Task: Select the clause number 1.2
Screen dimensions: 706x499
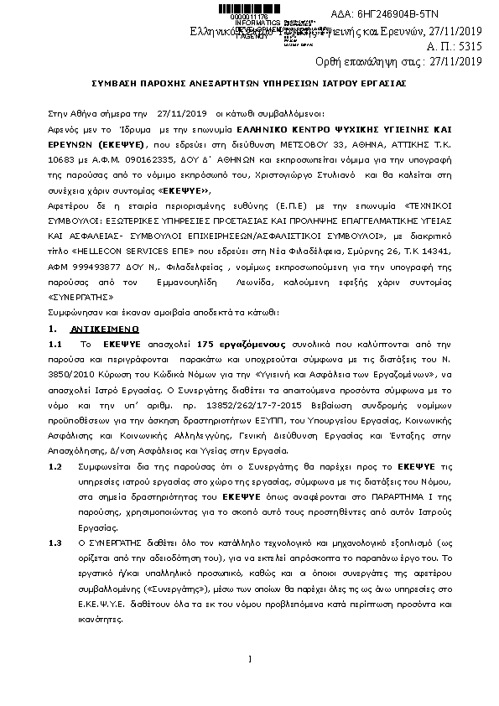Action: pyautogui.click(x=57, y=465)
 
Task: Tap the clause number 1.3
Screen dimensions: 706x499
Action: pyautogui.click(x=57, y=542)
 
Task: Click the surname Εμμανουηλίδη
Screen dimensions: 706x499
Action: pyautogui.click(x=200, y=272)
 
